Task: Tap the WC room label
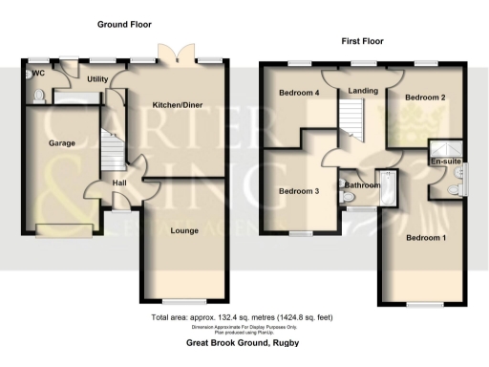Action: [39, 73]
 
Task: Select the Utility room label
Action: [96, 79]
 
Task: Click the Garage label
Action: [62, 143]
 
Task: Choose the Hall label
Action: [119, 183]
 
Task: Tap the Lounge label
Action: [183, 231]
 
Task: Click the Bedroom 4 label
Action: [299, 93]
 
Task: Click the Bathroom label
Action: [364, 184]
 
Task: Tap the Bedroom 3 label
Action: [298, 191]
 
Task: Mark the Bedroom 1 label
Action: [426, 237]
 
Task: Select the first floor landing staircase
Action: [354, 119]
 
